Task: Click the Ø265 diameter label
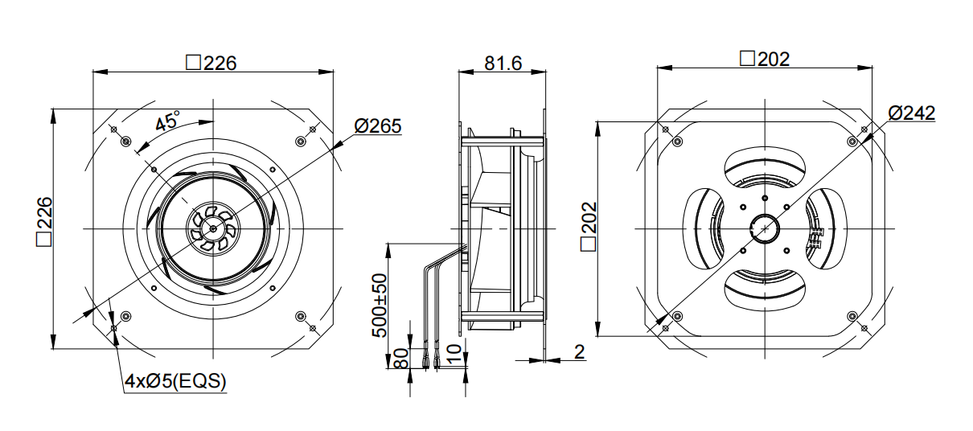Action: [x=378, y=126]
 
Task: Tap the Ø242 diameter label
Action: [x=911, y=113]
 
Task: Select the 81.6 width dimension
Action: [x=503, y=64]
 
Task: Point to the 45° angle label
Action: [x=167, y=121]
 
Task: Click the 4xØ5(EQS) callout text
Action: [x=175, y=381]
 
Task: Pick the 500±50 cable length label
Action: [x=380, y=305]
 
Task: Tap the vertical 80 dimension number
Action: [x=401, y=358]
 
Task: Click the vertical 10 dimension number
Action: [x=453, y=354]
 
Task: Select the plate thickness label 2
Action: [x=580, y=351]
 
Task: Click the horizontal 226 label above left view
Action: [x=211, y=63]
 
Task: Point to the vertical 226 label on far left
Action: [x=44, y=222]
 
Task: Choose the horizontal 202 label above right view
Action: [x=765, y=59]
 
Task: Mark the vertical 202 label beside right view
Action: [x=589, y=226]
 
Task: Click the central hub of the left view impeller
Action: [x=213, y=228]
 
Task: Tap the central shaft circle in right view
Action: [x=765, y=228]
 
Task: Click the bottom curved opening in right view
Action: [x=765, y=289]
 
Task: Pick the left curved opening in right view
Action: [x=703, y=228]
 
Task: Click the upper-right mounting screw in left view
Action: [x=300, y=142]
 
